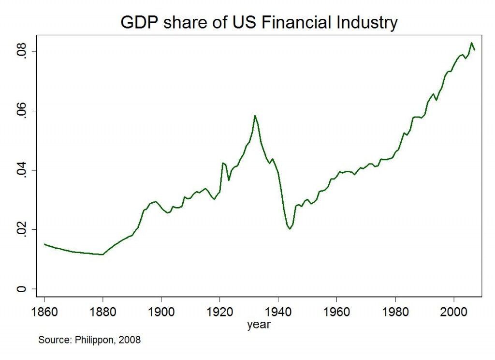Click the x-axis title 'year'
pos(259,325)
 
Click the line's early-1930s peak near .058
pos(255,116)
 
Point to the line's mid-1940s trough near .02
pos(290,229)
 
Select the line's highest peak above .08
pos(471,43)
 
